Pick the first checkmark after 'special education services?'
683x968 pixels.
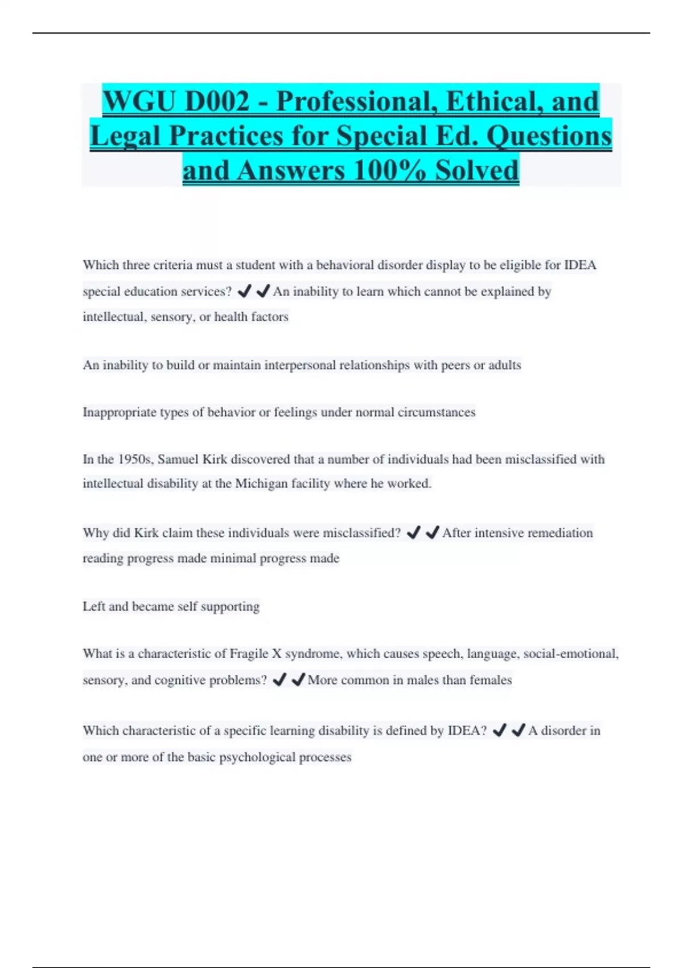coord(244,292)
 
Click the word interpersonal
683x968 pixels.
coord(300,365)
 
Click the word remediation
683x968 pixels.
coord(560,533)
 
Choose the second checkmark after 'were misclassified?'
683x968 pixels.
coord(433,533)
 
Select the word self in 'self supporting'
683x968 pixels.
coord(187,606)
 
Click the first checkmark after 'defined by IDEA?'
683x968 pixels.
coord(499,731)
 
